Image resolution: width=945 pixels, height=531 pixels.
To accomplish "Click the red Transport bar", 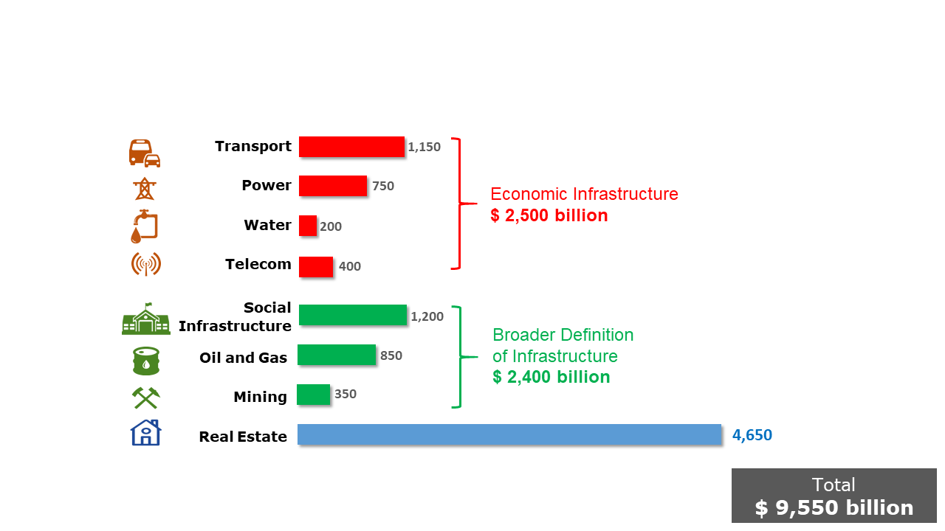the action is click(351, 147).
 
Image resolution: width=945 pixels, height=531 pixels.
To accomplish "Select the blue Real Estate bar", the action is click(509, 434).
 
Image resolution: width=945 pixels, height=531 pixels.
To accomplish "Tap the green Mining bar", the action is click(314, 395).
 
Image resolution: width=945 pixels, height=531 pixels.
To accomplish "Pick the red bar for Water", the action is click(308, 226).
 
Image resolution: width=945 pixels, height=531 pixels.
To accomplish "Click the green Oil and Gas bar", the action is click(337, 355).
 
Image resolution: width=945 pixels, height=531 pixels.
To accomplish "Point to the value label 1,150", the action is click(424, 147).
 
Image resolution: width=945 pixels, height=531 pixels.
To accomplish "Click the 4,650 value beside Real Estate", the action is click(752, 435).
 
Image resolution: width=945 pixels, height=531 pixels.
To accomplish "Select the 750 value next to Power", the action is click(383, 186).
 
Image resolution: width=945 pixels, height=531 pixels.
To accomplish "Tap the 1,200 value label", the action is click(427, 316).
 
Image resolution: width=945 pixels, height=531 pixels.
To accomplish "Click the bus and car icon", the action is click(145, 153).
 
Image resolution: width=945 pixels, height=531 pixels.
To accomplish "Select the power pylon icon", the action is click(145, 189).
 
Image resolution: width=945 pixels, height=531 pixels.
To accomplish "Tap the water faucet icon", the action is click(144, 226).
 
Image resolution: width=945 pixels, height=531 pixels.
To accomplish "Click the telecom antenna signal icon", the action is click(145, 264).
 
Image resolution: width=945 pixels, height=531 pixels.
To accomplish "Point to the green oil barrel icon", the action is click(146, 361).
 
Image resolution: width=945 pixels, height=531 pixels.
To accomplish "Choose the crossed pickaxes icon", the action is click(146, 398).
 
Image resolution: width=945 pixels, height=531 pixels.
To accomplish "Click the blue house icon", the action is click(145, 432).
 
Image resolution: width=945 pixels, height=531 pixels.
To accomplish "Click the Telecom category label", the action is click(258, 264).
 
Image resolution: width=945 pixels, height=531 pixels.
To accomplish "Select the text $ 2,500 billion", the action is click(549, 215).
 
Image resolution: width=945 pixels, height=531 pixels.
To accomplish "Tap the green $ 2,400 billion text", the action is click(551, 377).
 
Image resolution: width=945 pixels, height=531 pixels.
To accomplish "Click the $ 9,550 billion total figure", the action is click(834, 508).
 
